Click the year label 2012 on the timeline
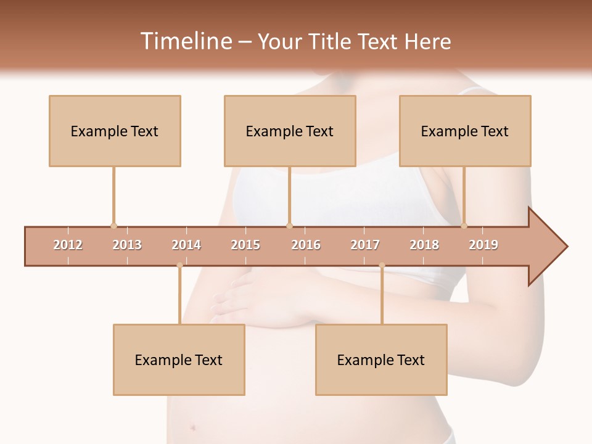tap(68, 245)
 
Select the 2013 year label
tap(127, 245)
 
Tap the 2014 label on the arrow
tap(186, 245)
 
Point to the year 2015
tap(245, 245)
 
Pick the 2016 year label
tap(306, 245)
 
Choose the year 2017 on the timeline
tap(365, 245)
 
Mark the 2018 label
tap(424, 245)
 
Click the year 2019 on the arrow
tap(483, 245)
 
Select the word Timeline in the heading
tap(185, 41)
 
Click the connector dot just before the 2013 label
tap(113, 226)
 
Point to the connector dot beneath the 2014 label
tap(179, 266)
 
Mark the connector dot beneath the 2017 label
tap(382, 266)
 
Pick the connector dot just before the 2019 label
tap(464, 226)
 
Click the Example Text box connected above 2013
tap(115, 131)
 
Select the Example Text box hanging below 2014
tap(179, 360)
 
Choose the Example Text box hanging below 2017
tap(381, 360)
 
